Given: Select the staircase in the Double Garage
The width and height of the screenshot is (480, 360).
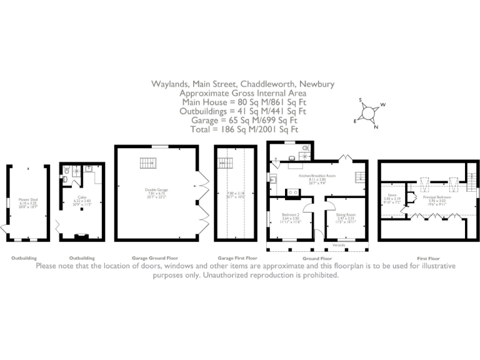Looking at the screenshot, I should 148,163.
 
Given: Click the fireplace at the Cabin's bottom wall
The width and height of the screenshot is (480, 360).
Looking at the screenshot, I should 79,236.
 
